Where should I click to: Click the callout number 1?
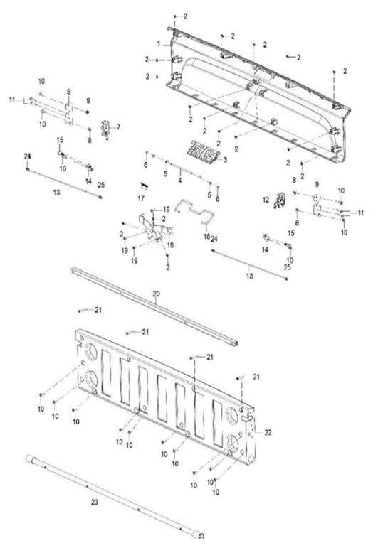pos(167,44)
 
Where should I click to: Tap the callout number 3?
pos(225,161)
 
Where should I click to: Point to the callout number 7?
pos(118,127)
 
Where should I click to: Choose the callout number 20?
pos(156,292)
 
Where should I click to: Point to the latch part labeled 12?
pos(278,201)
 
